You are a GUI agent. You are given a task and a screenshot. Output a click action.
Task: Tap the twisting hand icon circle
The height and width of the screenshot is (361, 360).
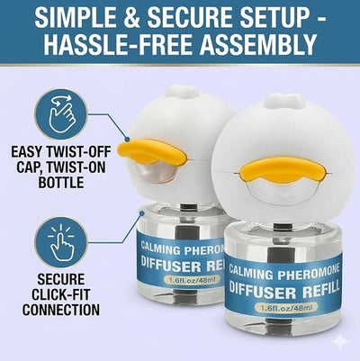coord(61,114)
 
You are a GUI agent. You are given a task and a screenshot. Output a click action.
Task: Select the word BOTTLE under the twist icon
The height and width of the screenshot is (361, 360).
coord(61,182)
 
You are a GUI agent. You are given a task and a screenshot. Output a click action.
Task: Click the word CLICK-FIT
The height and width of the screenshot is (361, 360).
coord(61,294)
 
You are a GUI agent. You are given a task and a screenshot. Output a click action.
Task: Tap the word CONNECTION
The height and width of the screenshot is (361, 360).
coord(61,310)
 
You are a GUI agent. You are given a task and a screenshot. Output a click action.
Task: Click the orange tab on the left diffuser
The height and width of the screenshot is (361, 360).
coord(152,151)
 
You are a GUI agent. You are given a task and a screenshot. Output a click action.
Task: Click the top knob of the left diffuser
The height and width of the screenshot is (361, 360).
coord(179,92)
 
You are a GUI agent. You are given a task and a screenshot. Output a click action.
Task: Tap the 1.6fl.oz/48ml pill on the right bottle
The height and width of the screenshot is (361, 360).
coord(284,307)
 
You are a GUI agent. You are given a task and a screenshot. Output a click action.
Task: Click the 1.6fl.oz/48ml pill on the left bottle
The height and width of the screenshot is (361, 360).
coord(192,280)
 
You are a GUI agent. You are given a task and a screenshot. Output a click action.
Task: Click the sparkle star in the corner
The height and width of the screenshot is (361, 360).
coord(341,341)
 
